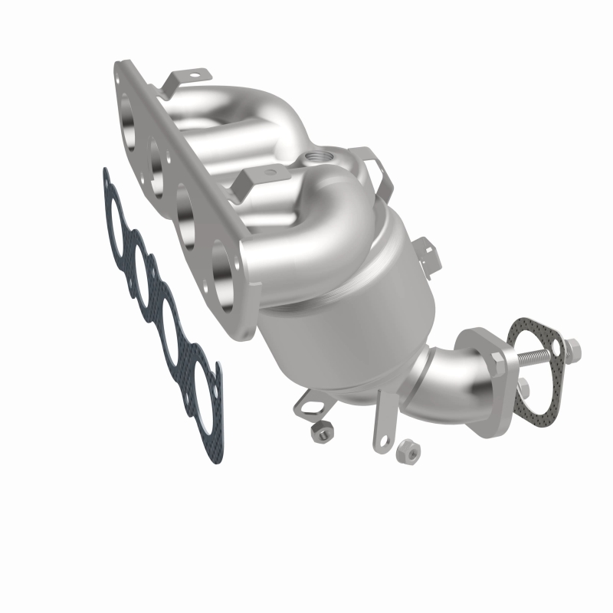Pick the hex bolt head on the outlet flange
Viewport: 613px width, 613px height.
point(520,386)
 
